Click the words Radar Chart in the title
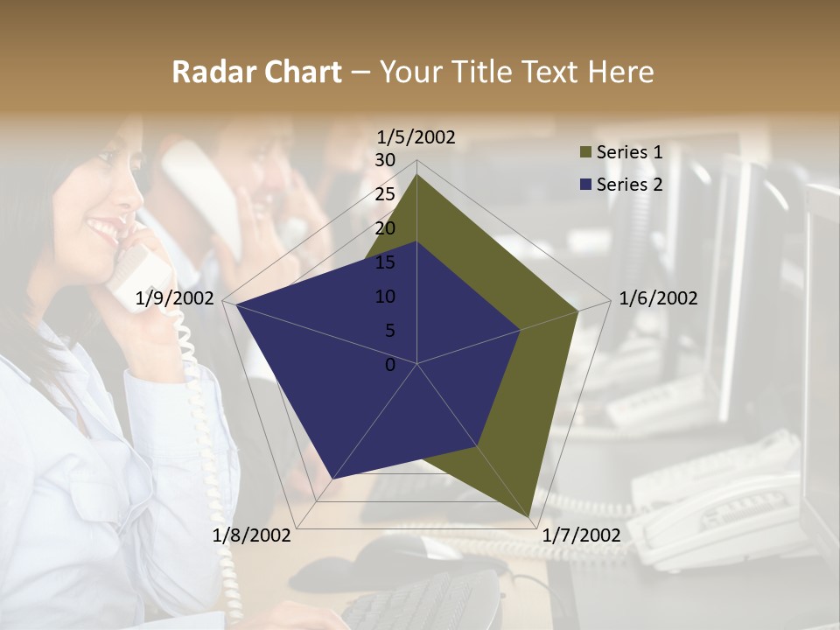256,72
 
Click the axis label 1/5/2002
416,136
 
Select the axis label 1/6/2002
658,298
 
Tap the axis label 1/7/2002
582,535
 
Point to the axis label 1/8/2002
252,535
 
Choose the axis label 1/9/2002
175,298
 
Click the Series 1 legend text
629,152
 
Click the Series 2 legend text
629,184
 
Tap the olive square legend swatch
585,153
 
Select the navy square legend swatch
585,185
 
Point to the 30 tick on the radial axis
385,160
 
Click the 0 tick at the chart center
390,364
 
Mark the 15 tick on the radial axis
385,262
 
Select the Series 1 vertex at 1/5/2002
417,175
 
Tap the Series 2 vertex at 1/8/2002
333,479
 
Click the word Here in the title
620,72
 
